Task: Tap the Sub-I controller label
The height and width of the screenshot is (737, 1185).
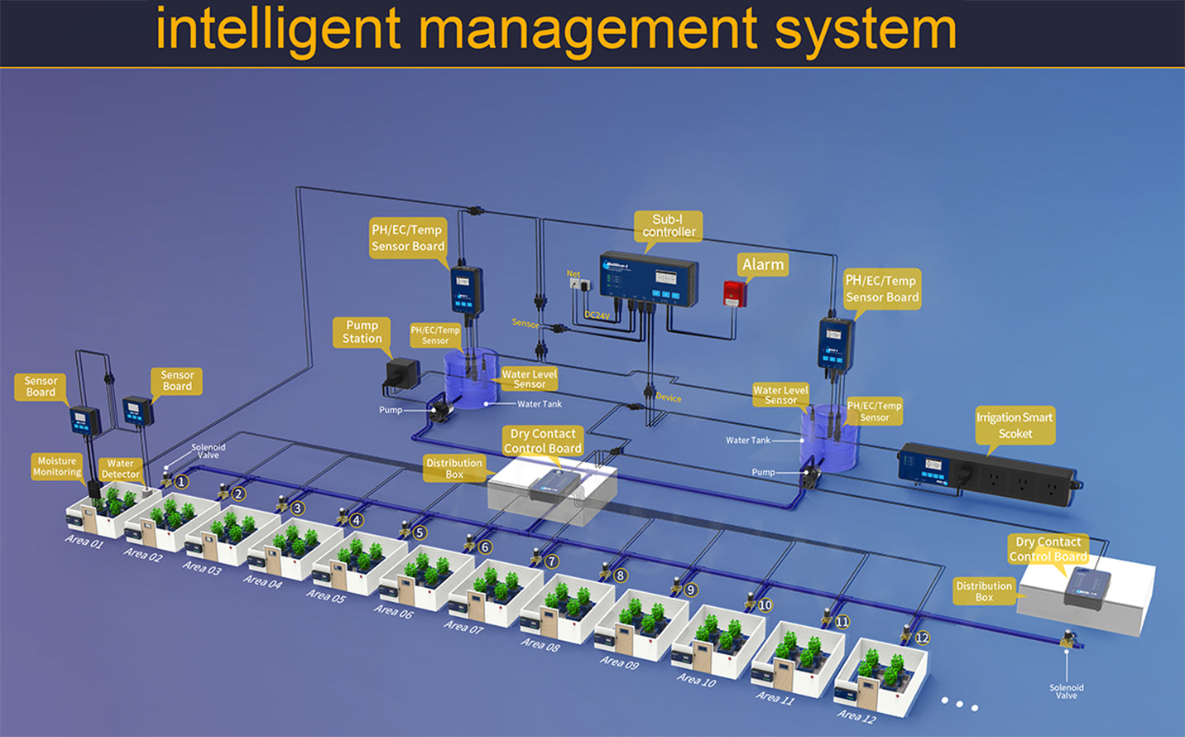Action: tap(669, 225)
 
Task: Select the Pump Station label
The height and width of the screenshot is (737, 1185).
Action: tap(362, 332)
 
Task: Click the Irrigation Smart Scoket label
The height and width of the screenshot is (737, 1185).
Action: tap(1015, 425)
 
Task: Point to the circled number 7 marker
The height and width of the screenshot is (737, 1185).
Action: tap(552, 561)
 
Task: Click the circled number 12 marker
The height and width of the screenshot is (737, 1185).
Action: tap(922, 638)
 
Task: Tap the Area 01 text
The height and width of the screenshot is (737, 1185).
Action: tap(84, 542)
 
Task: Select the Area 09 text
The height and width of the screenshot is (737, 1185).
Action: tap(619, 662)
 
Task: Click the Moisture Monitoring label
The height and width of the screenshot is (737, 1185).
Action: tap(57, 466)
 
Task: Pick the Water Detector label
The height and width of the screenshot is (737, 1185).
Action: tap(120, 469)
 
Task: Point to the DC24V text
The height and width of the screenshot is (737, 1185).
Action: tap(597, 316)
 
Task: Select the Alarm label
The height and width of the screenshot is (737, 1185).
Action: tap(762, 264)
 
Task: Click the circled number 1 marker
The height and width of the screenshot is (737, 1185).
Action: tap(181, 481)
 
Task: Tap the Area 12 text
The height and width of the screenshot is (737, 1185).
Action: tap(856, 716)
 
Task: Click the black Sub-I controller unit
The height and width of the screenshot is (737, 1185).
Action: tap(649, 278)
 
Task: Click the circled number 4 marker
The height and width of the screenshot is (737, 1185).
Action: tap(357, 520)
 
